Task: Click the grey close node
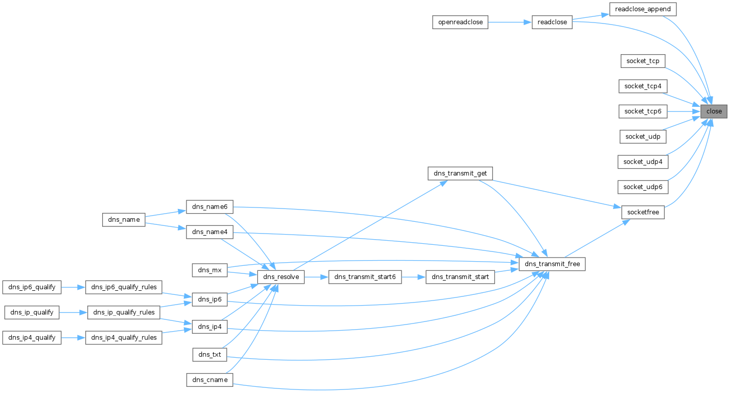(714, 111)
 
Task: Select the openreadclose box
(460, 22)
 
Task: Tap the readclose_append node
(643, 9)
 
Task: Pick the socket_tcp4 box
(643, 86)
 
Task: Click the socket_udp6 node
(643, 187)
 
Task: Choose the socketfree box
(643, 212)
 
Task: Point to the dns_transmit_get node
(460, 174)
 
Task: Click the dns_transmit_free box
(552, 264)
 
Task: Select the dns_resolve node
(281, 277)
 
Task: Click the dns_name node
(124, 220)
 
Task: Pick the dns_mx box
(209, 270)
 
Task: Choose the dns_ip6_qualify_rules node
(124, 287)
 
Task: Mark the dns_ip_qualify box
(32, 312)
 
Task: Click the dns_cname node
(209, 380)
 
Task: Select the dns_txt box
(209, 354)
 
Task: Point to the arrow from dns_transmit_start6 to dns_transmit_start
(413, 277)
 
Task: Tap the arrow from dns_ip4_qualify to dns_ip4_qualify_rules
(73, 338)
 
